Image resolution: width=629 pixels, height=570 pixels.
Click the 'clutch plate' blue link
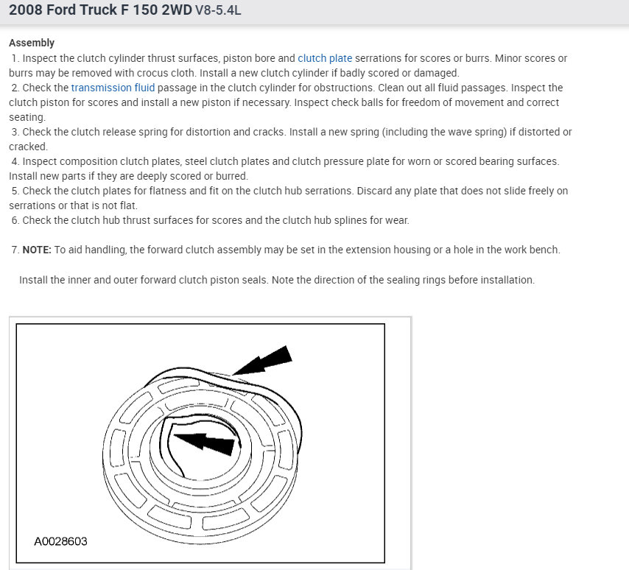(x=325, y=59)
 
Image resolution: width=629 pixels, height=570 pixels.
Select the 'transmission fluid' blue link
(x=113, y=88)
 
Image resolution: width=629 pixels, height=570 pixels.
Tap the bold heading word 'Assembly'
(x=32, y=43)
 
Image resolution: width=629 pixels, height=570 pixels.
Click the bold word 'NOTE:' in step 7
(x=37, y=250)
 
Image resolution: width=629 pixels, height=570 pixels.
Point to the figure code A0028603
(x=60, y=541)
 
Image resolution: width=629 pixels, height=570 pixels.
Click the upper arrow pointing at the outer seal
(x=263, y=361)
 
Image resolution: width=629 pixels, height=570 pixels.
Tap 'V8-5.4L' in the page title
(x=218, y=10)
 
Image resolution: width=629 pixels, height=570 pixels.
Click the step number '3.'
(x=15, y=133)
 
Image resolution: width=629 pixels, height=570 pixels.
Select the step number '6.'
(x=15, y=221)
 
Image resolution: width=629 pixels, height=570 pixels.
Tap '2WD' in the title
(x=177, y=10)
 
